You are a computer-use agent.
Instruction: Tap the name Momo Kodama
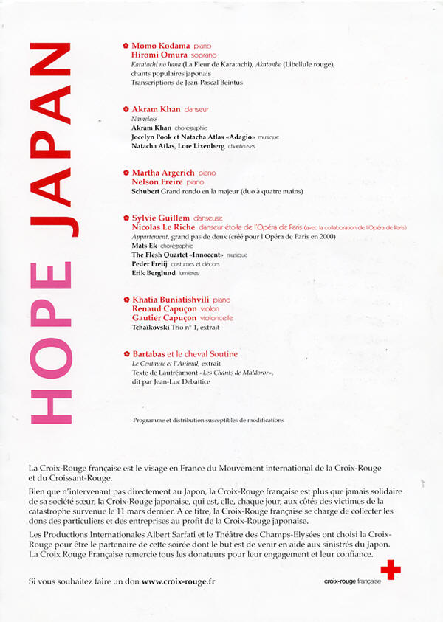(161, 46)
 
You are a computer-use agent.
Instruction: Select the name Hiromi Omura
(159, 55)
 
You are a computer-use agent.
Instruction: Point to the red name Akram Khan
(156, 109)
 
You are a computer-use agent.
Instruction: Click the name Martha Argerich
(163, 173)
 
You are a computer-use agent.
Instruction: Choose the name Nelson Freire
(158, 182)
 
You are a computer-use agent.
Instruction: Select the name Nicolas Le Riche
(165, 227)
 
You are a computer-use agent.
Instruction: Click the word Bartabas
(148, 354)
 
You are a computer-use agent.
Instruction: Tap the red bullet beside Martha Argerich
(126, 173)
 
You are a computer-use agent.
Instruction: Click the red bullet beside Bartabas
(126, 354)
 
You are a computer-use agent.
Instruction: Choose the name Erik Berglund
(154, 273)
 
